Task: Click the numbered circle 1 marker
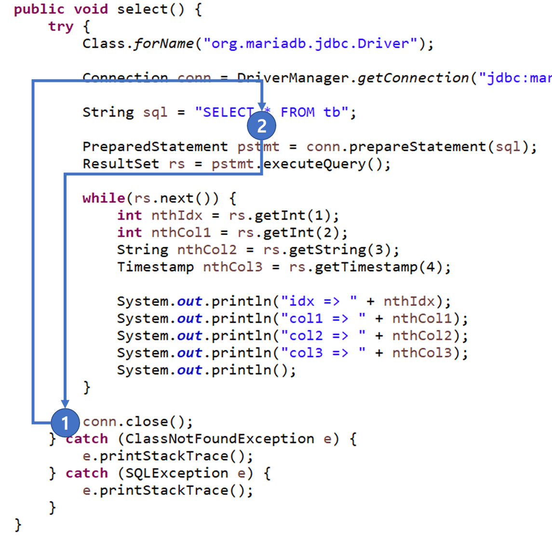click(65, 423)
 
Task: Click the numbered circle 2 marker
click(261, 126)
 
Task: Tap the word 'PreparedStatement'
click(155, 146)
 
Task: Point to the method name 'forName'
click(163, 43)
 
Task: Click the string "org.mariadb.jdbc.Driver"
click(310, 43)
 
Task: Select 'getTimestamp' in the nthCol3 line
click(366, 267)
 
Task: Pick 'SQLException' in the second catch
click(176, 473)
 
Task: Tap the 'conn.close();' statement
click(138, 422)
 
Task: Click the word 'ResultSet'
click(121, 164)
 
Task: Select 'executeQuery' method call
click(315, 164)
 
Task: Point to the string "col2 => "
click(323, 336)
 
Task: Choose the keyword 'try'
click(61, 26)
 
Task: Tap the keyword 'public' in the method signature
click(39, 9)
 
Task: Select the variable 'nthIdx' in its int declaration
click(177, 215)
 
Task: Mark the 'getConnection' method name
click(413, 78)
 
